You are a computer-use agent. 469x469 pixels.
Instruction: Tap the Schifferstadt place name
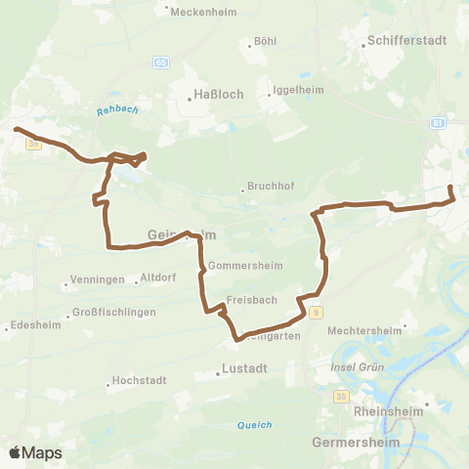tap(398, 42)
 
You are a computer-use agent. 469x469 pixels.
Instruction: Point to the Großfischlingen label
tap(114, 314)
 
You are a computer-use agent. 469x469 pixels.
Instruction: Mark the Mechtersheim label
tap(365, 330)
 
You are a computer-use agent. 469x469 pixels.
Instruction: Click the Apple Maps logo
tap(36, 453)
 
